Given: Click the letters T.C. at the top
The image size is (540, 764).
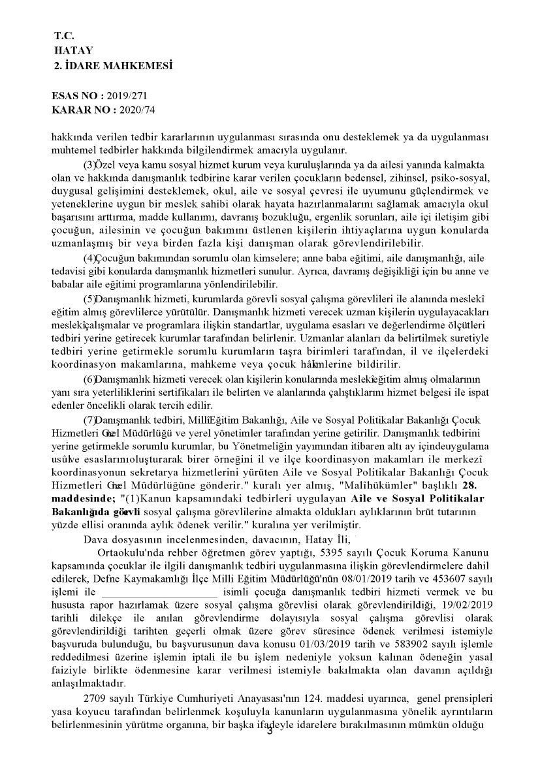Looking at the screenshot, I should pyautogui.click(x=64, y=37).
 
